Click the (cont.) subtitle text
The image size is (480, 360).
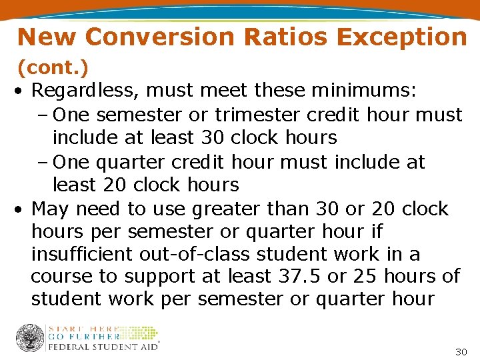pyautogui.click(x=53, y=67)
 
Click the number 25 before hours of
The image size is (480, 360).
pyautogui.click(x=364, y=276)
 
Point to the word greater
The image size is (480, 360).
pyautogui.click(x=224, y=209)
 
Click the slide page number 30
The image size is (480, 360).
pyautogui.click(x=460, y=351)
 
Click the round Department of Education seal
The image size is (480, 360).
pyautogui.click(x=30, y=337)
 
